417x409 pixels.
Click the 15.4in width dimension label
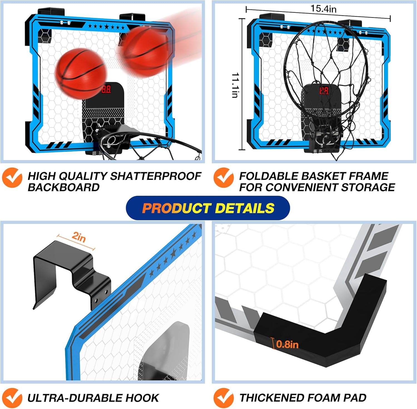point(323,9)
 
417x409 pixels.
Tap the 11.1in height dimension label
point(235,85)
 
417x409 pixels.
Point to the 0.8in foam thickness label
point(287,344)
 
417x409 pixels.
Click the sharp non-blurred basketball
point(80,73)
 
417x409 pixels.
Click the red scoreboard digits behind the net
point(324,91)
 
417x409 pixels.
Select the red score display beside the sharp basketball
point(106,89)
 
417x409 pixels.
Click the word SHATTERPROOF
point(156,176)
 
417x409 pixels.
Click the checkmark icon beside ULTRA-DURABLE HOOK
point(12,398)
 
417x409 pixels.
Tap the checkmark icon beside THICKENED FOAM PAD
point(224,398)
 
